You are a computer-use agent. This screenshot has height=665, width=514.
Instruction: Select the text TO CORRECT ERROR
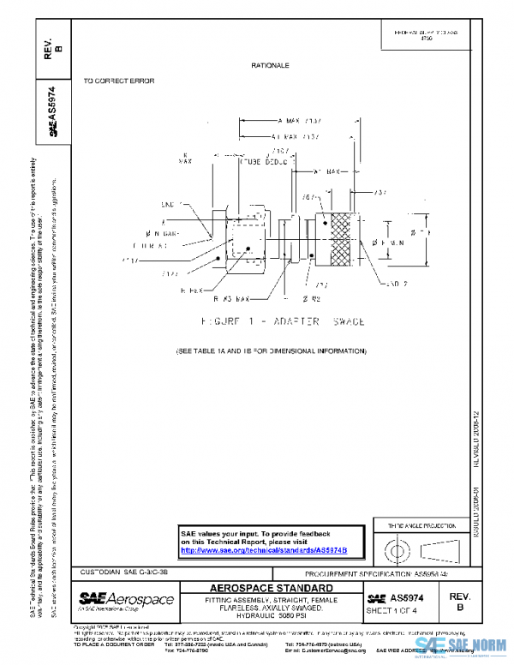118,81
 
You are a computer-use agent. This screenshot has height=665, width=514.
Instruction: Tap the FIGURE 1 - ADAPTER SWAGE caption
272,321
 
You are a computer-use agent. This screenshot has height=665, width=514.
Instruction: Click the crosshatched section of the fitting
344,239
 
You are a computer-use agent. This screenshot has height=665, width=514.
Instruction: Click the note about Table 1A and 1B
271,351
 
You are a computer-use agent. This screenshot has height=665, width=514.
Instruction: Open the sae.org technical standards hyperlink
264,550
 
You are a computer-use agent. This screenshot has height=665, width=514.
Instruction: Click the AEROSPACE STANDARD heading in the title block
272,589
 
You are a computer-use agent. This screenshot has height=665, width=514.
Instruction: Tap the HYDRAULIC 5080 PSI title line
272,616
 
